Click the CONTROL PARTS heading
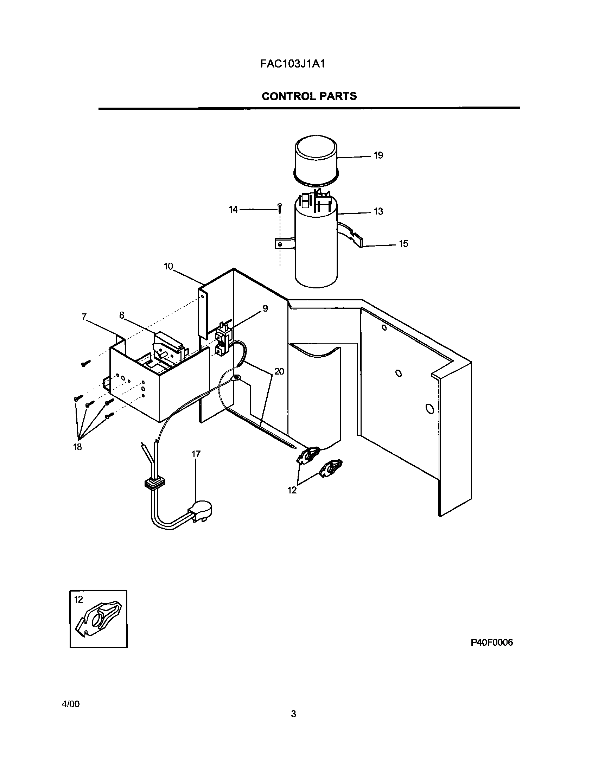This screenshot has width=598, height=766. click(309, 96)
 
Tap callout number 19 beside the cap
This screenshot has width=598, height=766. click(378, 155)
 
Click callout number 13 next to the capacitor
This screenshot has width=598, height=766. click(378, 211)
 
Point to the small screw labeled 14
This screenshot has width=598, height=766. click(280, 208)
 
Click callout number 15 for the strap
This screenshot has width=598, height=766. click(403, 244)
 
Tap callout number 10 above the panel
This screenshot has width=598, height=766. click(168, 266)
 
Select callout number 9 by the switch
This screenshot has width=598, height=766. click(265, 308)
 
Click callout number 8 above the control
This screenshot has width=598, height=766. click(122, 315)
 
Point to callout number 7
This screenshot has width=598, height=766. click(84, 317)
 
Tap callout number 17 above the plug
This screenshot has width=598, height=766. click(196, 454)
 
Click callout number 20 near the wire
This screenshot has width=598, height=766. click(279, 371)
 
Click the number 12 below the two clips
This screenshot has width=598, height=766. click(292, 490)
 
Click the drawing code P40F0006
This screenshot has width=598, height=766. click(492, 643)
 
